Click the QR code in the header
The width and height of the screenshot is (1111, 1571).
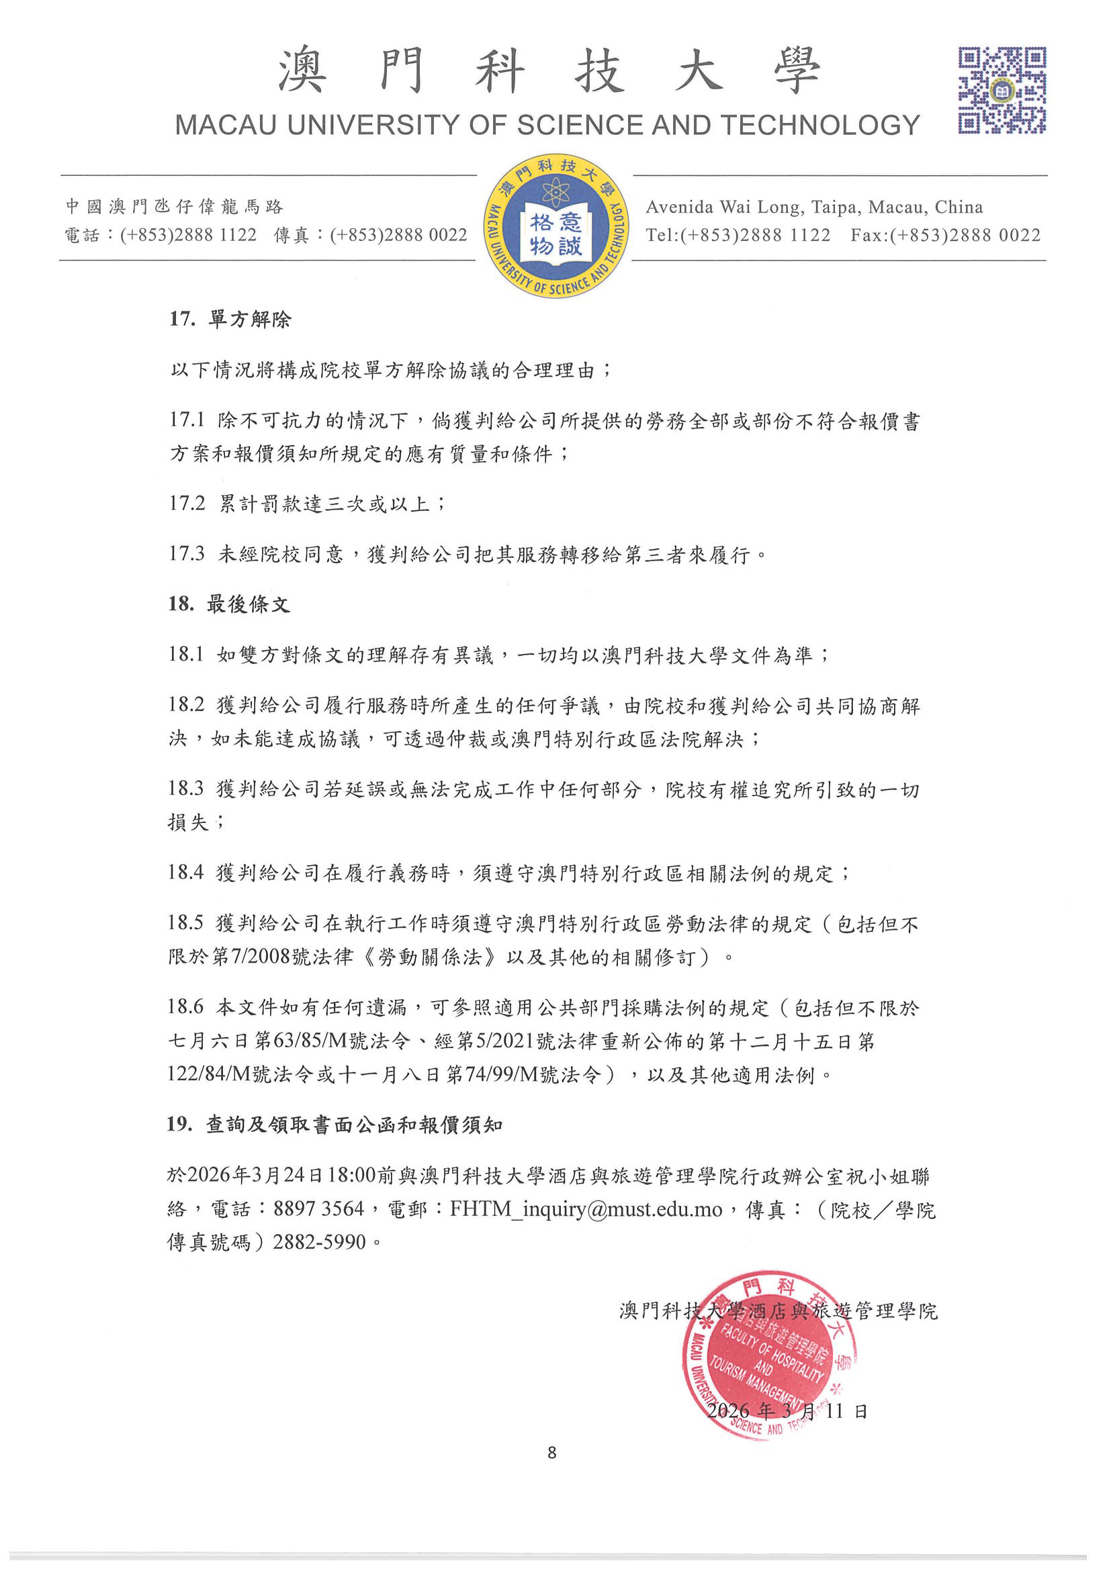(1002, 90)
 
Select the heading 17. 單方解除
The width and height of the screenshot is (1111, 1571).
(230, 319)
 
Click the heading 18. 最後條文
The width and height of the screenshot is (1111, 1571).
(229, 604)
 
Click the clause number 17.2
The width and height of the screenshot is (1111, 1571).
(187, 504)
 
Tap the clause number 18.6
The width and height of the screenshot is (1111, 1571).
(186, 1006)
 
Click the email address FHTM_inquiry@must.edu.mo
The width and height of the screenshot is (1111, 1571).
(586, 1209)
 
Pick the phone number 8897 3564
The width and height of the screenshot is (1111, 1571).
(318, 1209)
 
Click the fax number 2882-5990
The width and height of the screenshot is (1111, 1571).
(319, 1242)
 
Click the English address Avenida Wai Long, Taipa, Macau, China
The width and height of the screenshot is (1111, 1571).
(814, 207)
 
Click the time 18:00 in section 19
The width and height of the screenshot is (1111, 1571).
(351, 1176)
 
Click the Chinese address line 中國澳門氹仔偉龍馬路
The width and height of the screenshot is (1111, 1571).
(174, 207)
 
